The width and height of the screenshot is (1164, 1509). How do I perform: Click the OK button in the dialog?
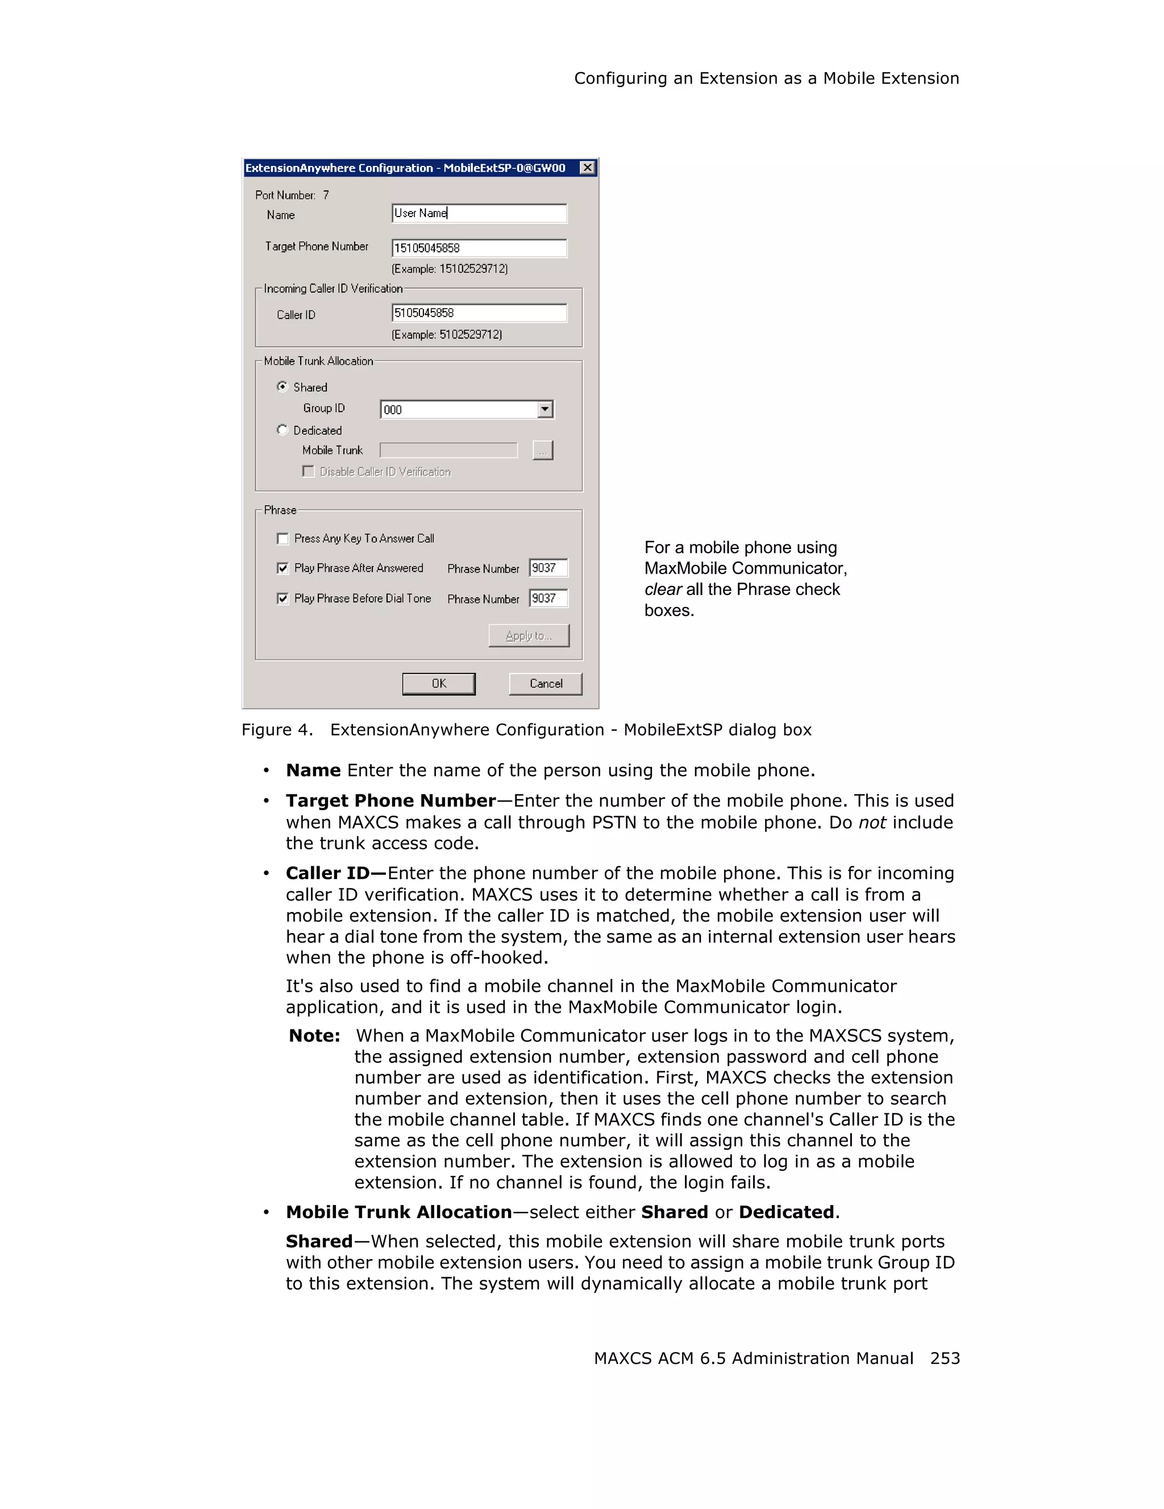[x=439, y=683]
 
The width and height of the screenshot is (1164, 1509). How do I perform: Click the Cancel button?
[x=545, y=683]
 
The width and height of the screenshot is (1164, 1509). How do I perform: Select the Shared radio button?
[x=282, y=387]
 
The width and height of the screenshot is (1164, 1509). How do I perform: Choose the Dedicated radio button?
[x=282, y=430]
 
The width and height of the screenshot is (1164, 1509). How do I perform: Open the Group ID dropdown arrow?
[x=545, y=410]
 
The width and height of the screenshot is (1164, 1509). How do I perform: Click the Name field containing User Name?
[x=479, y=214]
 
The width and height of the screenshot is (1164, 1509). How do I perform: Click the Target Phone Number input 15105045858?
[x=479, y=248]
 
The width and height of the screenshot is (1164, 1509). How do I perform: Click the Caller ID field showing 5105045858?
[x=479, y=313]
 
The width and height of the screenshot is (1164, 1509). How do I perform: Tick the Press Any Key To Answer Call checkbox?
[x=282, y=538]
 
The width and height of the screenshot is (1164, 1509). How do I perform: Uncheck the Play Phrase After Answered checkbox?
[x=282, y=568]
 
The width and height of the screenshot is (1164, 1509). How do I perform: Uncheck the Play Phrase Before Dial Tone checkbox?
[x=282, y=598]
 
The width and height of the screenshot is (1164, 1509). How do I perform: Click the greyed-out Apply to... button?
[x=529, y=635]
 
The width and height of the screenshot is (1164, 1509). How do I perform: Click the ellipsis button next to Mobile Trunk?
[x=543, y=451]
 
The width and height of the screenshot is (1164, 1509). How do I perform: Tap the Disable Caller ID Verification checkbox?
[x=308, y=471]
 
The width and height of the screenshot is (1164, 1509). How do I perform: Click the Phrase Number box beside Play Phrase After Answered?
[x=548, y=568]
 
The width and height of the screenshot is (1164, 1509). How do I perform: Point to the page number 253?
[x=944, y=1358]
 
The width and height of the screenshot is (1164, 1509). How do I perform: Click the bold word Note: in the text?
[x=314, y=1036]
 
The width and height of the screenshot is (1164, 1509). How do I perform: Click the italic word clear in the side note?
[x=663, y=589]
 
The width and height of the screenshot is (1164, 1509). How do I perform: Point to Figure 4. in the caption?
[x=277, y=730]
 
